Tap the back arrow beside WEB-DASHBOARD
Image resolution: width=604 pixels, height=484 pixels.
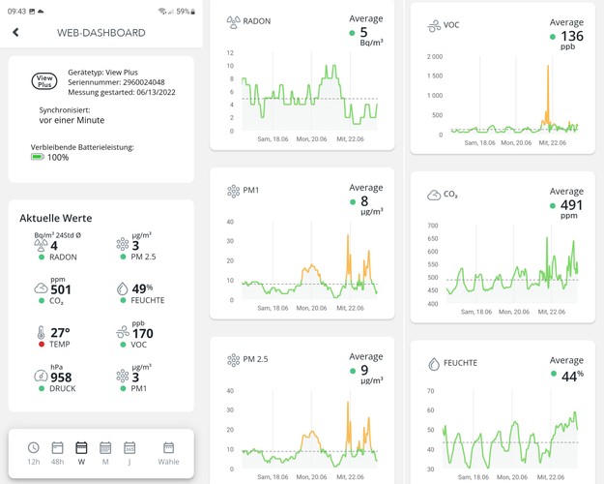[15, 32]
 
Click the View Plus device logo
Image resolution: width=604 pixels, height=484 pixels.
[44, 80]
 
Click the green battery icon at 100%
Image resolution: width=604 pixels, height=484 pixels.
[38, 157]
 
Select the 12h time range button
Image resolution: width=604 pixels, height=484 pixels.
[34, 452]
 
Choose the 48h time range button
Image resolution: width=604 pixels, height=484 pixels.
[57, 452]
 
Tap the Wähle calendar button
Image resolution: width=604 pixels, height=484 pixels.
[168, 452]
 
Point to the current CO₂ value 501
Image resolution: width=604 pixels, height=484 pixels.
[61, 289]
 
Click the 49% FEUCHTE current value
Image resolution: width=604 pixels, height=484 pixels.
[143, 288]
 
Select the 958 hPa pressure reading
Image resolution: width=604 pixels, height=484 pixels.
[62, 378]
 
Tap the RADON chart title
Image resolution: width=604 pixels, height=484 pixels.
[257, 20]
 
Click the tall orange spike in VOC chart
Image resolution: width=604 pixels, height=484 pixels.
[548, 92]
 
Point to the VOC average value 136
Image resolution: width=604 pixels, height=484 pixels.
[571, 36]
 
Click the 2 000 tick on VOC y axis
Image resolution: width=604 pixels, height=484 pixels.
[434, 56]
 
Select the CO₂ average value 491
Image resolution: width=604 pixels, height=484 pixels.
[572, 205]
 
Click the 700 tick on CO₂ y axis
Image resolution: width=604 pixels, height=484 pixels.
[432, 226]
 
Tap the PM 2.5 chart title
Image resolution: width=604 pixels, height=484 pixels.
[255, 359]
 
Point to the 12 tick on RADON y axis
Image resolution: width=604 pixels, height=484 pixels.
[230, 53]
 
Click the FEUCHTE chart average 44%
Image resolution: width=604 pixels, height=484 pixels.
[572, 375]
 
